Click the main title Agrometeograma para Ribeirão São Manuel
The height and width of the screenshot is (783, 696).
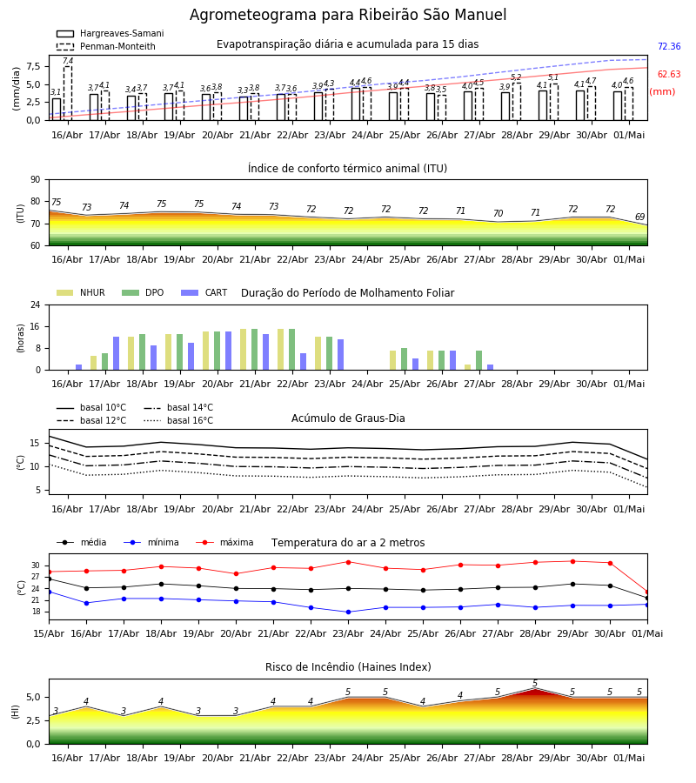tap(348, 15)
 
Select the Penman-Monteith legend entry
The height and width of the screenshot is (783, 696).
tap(106, 46)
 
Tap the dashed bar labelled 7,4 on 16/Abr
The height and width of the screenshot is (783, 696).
tap(68, 93)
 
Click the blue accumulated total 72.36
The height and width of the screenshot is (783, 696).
tap(669, 46)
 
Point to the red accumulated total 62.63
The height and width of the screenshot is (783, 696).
tap(669, 75)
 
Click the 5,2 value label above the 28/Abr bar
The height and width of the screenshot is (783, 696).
tap(516, 77)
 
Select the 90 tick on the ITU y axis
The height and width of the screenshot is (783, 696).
tap(36, 180)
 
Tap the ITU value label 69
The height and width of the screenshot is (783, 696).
tap(639, 217)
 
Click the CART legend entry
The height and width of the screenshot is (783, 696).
tap(204, 292)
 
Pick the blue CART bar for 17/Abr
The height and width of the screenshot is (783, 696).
tap(117, 353)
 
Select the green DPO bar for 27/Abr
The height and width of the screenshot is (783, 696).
tap(478, 360)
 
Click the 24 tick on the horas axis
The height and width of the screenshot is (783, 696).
tap(36, 304)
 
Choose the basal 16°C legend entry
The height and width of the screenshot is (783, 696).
tap(178, 420)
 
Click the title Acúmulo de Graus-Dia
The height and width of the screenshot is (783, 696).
tap(348, 418)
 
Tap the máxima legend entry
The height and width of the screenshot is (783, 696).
tap(224, 542)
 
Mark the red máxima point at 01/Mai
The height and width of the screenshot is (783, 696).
tap(647, 592)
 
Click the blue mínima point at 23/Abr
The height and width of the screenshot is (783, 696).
tap(349, 612)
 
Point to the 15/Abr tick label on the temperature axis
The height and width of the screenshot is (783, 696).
tap(49, 633)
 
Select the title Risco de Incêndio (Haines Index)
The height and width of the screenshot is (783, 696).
tap(348, 667)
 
